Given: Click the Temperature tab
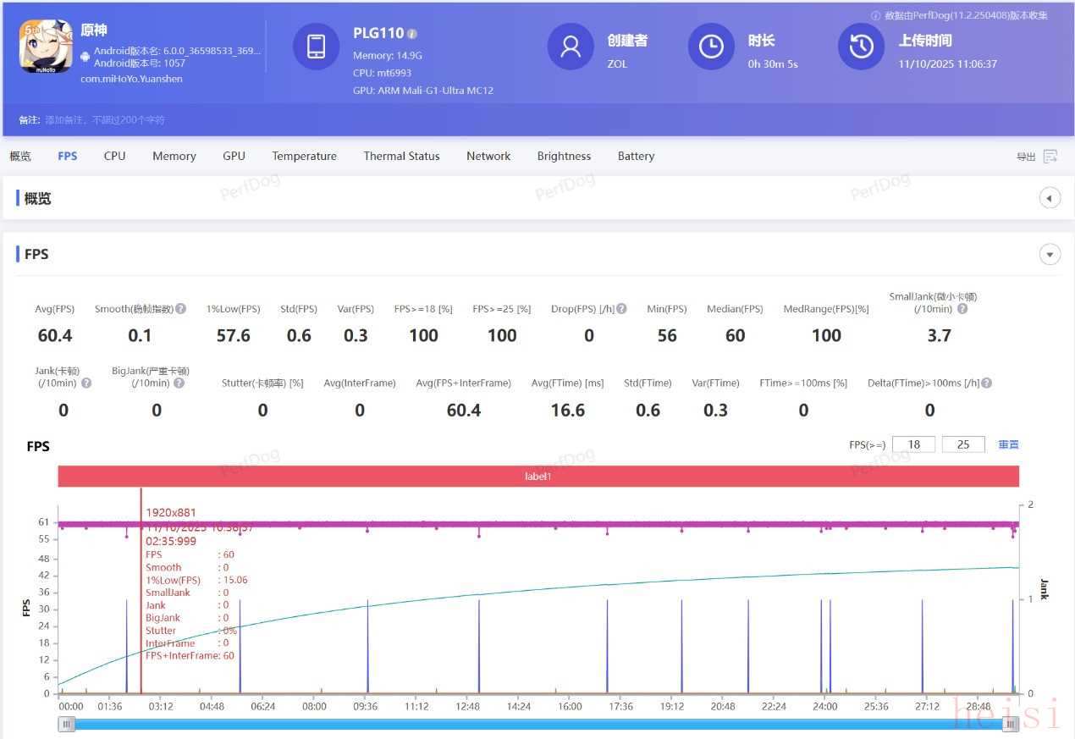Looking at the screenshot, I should click(304, 156).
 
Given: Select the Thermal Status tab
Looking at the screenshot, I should click(401, 156).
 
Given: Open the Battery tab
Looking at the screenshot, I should click(636, 156).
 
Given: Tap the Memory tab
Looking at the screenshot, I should click(174, 156).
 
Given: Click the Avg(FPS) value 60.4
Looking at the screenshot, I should click(55, 336).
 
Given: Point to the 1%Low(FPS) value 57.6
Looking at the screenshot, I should click(234, 336).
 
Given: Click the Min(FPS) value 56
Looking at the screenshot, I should click(667, 336).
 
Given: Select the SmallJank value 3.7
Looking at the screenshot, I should click(939, 336).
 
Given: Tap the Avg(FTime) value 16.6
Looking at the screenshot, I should click(567, 411).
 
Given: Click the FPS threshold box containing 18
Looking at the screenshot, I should click(913, 444).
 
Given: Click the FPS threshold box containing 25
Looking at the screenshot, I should click(963, 444).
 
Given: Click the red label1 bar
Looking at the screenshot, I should click(537, 477).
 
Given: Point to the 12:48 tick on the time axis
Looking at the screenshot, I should click(467, 706).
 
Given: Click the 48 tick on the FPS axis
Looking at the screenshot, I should click(43, 559).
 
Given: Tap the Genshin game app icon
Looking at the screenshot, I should click(46, 46).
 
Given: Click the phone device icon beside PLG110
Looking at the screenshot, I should click(316, 47).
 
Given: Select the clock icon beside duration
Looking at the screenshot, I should click(711, 47).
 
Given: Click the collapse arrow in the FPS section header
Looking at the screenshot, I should click(1050, 254).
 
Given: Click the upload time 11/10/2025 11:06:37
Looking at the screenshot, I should click(947, 63).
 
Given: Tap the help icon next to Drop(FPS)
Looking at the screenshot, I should click(621, 309).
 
